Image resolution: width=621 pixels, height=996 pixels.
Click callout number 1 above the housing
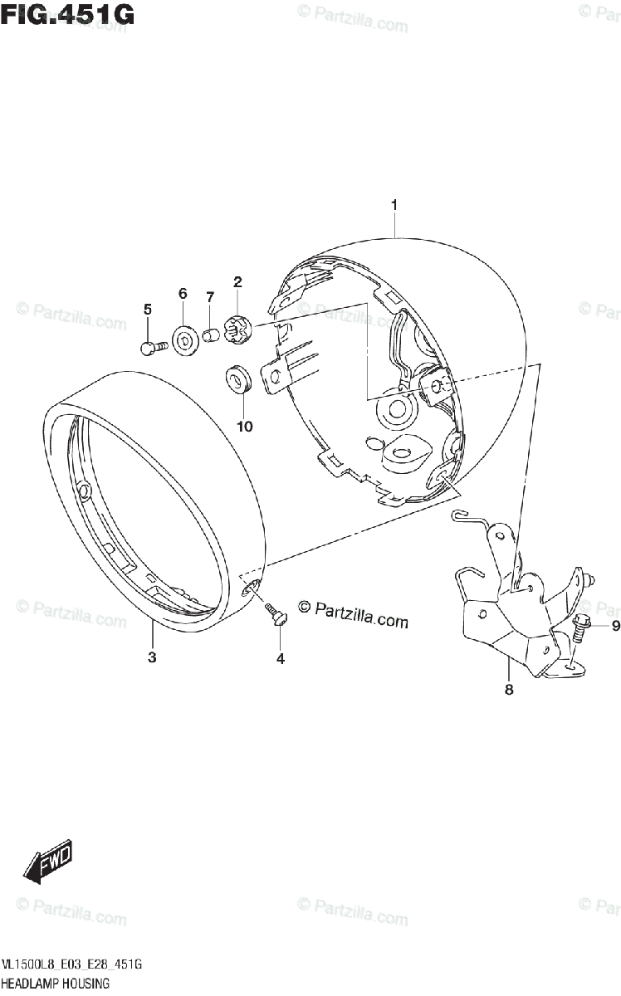394,205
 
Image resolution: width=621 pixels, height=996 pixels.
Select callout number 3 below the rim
152,657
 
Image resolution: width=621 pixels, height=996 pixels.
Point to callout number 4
280,658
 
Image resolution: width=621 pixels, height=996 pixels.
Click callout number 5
148,310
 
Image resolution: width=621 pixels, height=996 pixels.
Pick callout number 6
183,293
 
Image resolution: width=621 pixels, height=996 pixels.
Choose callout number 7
210,297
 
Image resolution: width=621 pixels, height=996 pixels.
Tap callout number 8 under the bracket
509,689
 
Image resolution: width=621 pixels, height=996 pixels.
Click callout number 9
615,626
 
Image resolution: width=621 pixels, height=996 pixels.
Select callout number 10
243,427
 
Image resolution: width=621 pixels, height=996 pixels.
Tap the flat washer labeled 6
183,340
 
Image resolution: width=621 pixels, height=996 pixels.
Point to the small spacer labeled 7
212,337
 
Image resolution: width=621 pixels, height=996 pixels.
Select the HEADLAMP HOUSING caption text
56,984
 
